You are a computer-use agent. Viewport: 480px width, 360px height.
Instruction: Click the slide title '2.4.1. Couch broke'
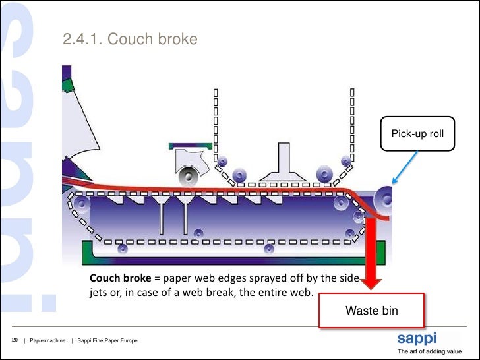[130, 40]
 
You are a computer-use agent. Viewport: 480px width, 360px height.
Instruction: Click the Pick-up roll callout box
[418, 134]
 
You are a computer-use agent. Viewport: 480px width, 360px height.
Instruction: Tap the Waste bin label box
[372, 310]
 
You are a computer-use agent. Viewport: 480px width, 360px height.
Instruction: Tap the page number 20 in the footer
[14, 340]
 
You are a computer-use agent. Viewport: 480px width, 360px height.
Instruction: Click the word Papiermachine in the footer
[47, 340]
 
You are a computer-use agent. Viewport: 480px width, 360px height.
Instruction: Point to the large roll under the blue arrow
[384, 198]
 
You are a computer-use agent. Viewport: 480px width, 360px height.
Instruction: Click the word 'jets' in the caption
[100, 292]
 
